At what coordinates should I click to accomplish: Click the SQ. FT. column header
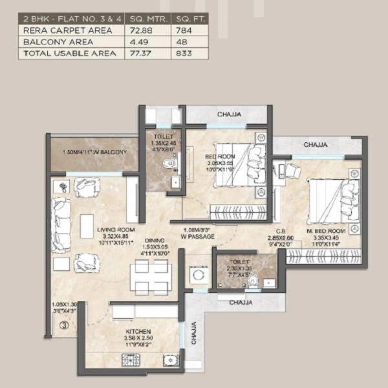pos(189,18)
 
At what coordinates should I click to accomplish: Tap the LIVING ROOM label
pos(116,230)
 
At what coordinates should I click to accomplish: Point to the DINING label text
pos(153,240)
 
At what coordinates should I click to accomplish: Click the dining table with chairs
pos(150,276)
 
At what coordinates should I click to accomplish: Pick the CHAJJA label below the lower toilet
pos(240,301)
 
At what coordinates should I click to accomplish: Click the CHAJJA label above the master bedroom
pos(315,145)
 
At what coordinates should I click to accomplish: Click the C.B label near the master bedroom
pos(281,231)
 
